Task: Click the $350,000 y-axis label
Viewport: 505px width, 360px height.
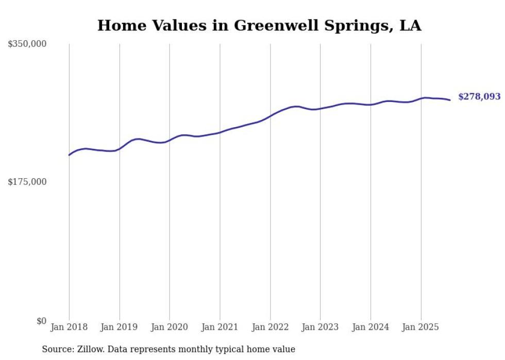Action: coord(27,44)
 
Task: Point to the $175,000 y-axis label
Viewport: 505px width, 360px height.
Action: coord(27,182)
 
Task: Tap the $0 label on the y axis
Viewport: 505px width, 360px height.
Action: coord(41,321)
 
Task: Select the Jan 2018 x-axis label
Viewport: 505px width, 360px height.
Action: coord(69,327)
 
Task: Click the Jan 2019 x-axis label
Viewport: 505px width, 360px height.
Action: coord(120,327)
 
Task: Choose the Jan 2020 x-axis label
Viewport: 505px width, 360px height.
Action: coord(170,327)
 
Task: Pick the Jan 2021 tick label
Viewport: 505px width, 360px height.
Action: coord(220,327)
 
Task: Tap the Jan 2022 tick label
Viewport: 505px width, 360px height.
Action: coord(270,327)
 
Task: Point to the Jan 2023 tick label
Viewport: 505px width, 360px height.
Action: coord(320,327)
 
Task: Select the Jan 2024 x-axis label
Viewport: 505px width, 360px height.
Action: coord(371,327)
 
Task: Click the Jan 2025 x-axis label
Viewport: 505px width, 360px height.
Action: coord(420,327)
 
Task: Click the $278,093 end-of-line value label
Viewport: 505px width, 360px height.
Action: coord(479,96)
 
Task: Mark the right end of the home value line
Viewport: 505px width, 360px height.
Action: coord(450,100)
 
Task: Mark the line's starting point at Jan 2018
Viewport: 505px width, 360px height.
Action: coord(69,155)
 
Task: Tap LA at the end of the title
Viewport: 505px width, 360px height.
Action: coord(411,26)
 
